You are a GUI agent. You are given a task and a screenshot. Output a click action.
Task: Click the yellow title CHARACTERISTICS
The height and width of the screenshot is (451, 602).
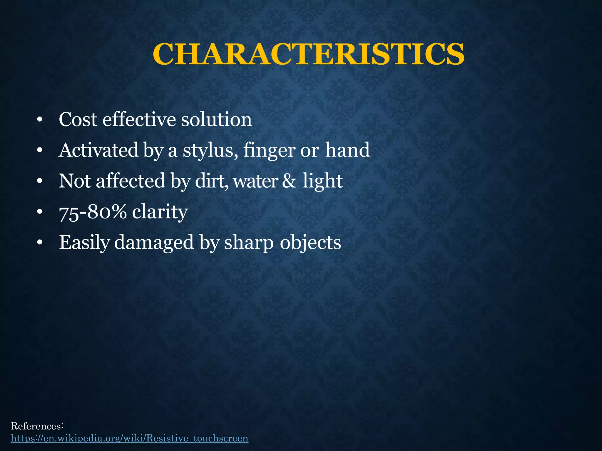pos(308,54)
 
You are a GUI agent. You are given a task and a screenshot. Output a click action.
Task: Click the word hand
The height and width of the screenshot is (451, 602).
pos(347,150)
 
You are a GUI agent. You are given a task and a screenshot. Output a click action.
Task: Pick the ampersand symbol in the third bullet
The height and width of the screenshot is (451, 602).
pos(289,181)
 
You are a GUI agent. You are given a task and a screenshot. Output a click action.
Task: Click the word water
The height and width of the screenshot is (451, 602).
pos(255,181)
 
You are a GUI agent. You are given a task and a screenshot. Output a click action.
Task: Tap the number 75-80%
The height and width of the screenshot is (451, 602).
pos(93,212)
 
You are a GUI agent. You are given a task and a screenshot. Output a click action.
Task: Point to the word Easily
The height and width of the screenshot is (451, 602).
pos(84,243)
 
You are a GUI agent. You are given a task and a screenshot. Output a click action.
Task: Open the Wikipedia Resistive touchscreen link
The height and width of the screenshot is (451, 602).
pos(130,438)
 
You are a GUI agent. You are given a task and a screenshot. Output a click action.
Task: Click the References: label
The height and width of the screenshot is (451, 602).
pos(37,426)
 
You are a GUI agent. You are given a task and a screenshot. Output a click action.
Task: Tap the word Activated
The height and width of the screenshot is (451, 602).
pos(98,150)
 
